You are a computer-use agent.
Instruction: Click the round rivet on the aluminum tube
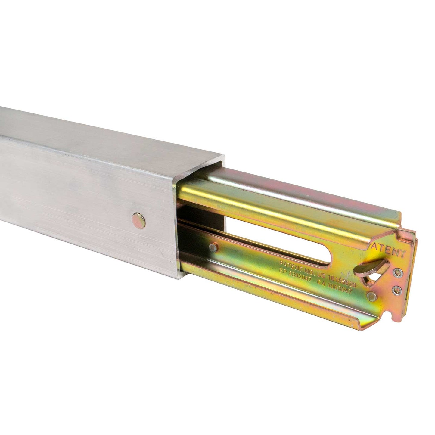coord(139,219)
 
